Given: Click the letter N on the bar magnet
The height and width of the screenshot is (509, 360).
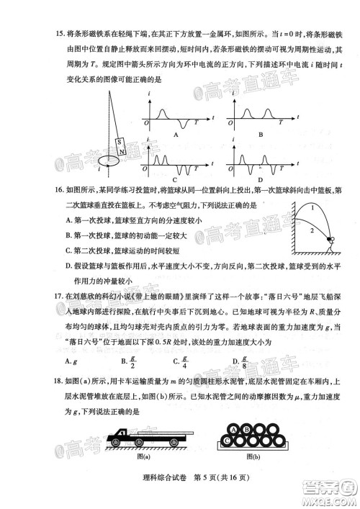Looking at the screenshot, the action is (122, 152).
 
